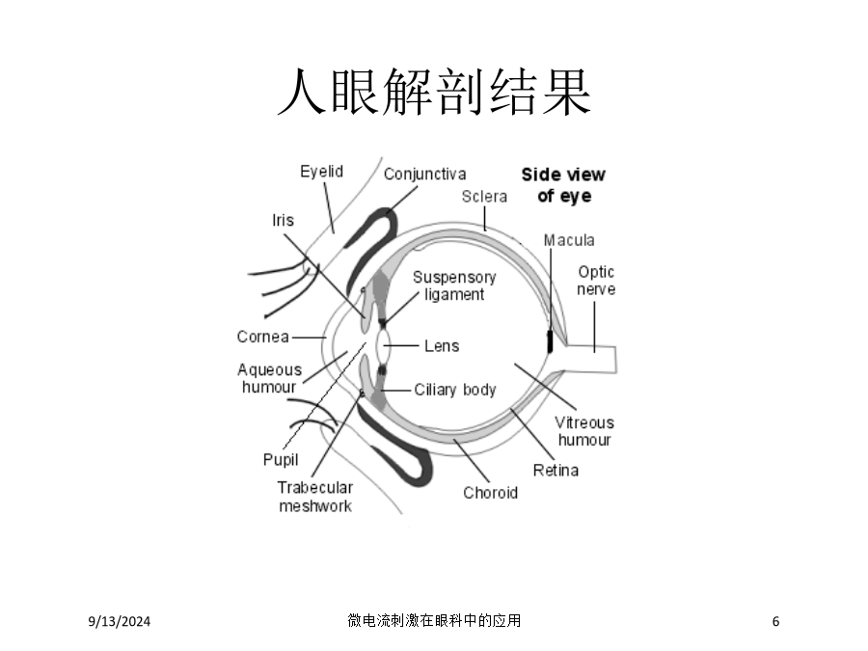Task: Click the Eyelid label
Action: point(321,172)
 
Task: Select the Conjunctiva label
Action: point(424,174)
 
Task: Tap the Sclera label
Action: point(484,197)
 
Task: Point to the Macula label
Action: point(569,240)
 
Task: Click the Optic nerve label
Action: point(596,281)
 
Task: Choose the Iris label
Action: point(283,220)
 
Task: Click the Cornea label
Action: point(263,337)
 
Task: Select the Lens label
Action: point(442,346)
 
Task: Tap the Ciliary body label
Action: point(455,390)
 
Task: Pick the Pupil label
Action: point(281,460)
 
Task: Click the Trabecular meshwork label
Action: point(315,497)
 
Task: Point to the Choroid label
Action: point(491,493)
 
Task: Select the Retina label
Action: point(556,471)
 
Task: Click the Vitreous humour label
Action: point(584,431)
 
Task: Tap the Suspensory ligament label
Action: point(454,285)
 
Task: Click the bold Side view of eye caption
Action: point(563,185)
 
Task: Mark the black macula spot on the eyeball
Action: point(550,341)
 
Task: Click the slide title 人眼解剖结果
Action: point(434,92)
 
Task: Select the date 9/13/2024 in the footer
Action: point(120,621)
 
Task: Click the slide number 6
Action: point(775,621)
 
